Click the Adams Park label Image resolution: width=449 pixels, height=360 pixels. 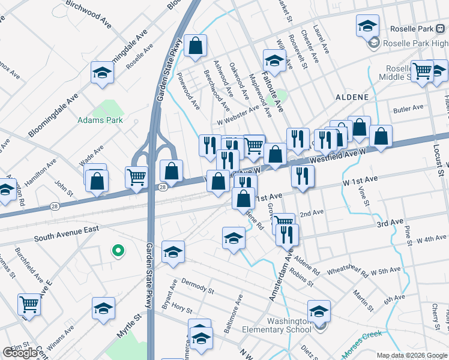[x=100, y=120]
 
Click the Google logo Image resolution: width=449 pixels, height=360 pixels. [x=20, y=352]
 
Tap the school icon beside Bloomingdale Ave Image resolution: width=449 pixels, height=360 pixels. [x=102, y=74]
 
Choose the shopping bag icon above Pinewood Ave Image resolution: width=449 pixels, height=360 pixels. [x=196, y=46]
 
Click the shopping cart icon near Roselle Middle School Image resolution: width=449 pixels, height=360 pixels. [x=422, y=71]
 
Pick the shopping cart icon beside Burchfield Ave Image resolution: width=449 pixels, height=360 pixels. [x=29, y=304]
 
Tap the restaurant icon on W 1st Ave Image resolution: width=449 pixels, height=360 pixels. [x=302, y=176]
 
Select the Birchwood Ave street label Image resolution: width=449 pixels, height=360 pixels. [x=89, y=13]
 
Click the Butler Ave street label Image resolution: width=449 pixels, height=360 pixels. [x=409, y=109]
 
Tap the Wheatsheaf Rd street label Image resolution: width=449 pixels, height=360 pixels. [x=347, y=271]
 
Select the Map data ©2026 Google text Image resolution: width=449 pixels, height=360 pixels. [x=412, y=355]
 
